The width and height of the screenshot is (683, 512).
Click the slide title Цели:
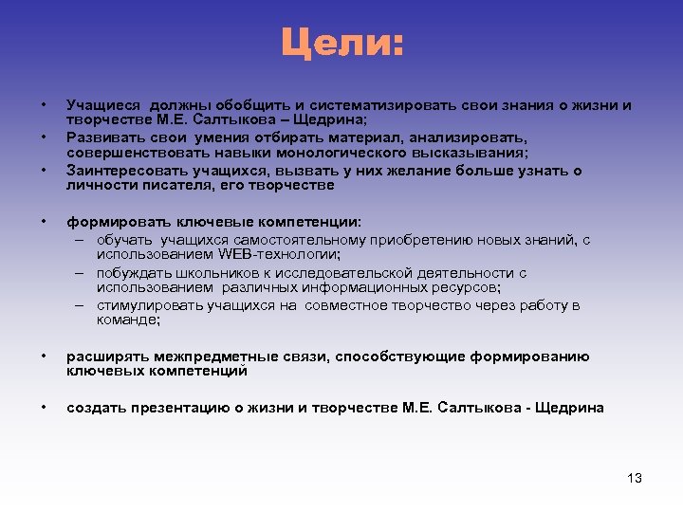pyautogui.click(x=341, y=43)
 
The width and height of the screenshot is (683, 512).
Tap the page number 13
pyautogui.click(x=635, y=478)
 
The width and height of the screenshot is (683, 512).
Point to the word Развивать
pyautogui.click(x=98, y=137)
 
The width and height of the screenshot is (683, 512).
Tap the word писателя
pyautogui.click(x=162, y=185)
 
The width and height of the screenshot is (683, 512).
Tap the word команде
pyautogui.click(x=128, y=320)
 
